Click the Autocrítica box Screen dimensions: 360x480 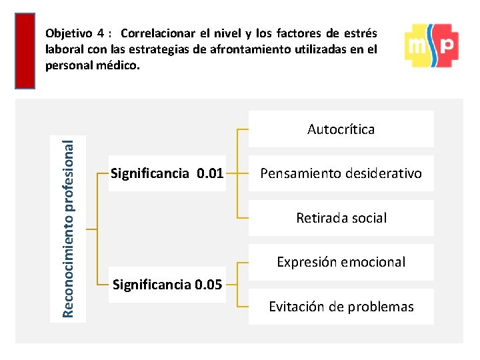pyautogui.click(x=341, y=129)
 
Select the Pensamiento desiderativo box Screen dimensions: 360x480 pyautogui.click(x=341, y=173)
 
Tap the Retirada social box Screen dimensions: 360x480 pyautogui.click(x=341, y=218)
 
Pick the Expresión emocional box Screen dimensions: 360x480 pyautogui.click(x=341, y=262)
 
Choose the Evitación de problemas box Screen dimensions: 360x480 pyautogui.click(x=341, y=307)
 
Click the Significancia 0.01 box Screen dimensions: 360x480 pyautogui.click(x=167, y=174)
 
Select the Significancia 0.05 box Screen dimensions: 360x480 pyautogui.click(x=167, y=285)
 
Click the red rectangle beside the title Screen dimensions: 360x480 pyautogui.click(x=25, y=51)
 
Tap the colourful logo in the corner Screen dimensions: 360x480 pyautogui.click(x=431, y=45)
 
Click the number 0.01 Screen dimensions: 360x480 pyautogui.click(x=210, y=174)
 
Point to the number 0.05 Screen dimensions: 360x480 pyautogui.click(x=209, y=285)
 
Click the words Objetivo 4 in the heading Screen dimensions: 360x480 pyautogui.click(x=73, y=33)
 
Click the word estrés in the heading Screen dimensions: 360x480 pyautogui.click(x=363, y=33)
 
